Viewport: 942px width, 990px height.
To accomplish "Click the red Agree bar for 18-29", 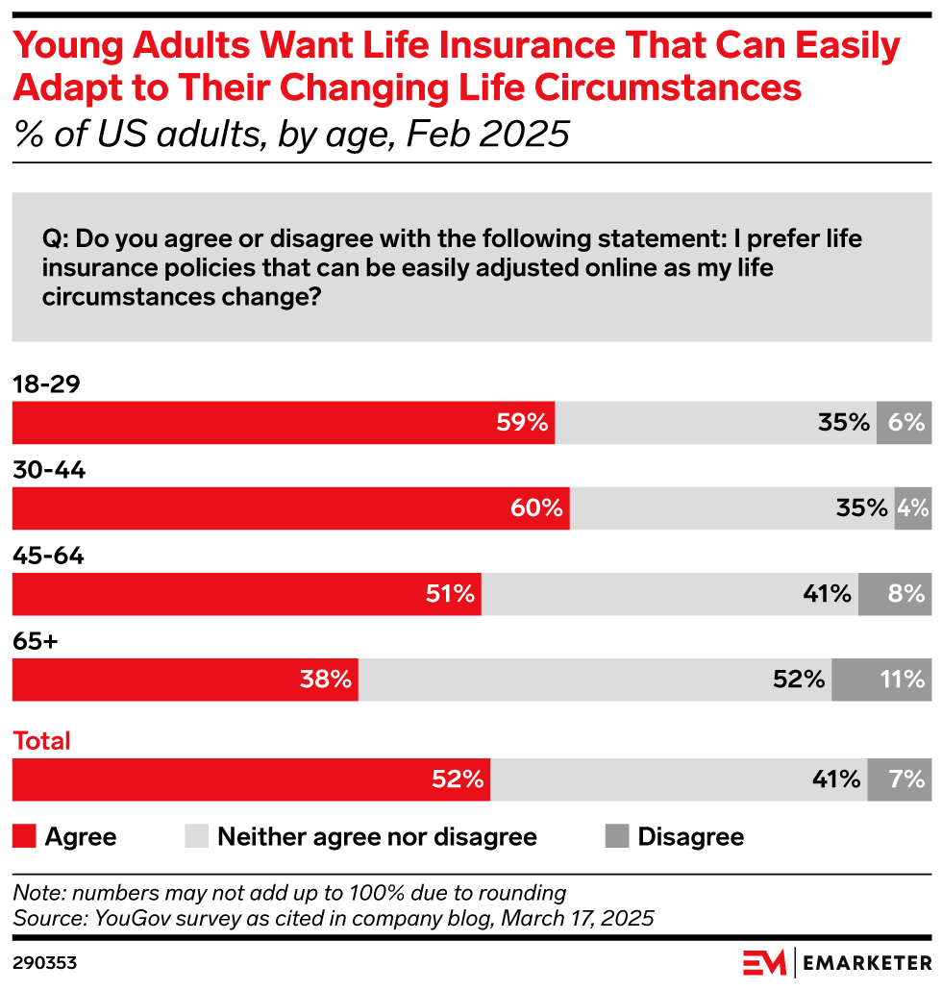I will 283,423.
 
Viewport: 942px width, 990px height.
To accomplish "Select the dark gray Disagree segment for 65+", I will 881,680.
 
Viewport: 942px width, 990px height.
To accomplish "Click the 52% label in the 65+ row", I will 799,680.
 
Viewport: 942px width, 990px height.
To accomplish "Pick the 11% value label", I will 902,680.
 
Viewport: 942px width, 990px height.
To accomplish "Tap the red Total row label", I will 41,741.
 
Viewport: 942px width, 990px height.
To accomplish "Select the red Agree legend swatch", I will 23,836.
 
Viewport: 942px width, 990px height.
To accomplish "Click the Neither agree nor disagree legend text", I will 377,836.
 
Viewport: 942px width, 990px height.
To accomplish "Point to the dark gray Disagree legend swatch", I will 616,836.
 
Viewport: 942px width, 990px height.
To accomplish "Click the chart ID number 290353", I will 44,962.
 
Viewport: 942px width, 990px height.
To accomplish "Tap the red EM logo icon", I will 764,962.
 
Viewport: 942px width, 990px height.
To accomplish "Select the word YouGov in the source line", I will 128,918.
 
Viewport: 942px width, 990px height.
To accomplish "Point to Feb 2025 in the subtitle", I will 487,134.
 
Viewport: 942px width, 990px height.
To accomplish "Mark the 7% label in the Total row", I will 906,780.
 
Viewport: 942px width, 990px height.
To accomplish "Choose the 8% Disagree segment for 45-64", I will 895,594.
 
